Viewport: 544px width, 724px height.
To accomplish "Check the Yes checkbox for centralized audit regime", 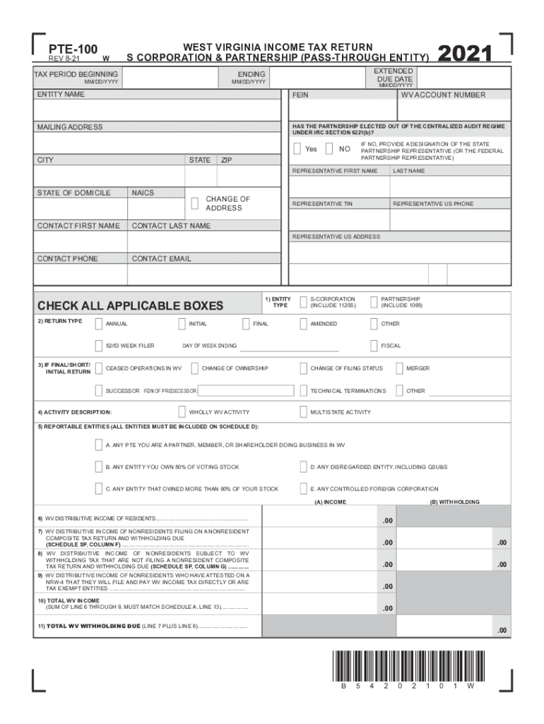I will click(x=297, y=148).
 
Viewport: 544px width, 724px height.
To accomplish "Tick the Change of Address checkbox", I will click(x=195, y=204).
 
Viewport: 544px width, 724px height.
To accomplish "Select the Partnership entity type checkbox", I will click(x=374, y=303).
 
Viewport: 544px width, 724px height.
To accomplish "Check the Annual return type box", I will click(x=99, y=324).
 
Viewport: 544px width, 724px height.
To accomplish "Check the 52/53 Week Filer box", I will click(x=99, y=346).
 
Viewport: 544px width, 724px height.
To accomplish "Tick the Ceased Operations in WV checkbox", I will click(x=99, y=368).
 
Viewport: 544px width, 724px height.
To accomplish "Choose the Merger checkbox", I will click(x=400, y=368).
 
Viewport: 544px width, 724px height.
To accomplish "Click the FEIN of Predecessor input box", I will click(x=245, y=390).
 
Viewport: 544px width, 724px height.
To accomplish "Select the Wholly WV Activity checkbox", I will click(x=182, y=411).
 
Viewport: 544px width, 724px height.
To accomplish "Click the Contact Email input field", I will click(x=204, y=274).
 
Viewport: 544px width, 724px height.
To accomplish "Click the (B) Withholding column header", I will click(x=454, y=502).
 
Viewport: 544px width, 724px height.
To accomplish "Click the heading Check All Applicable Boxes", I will click(x=130, y=306).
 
